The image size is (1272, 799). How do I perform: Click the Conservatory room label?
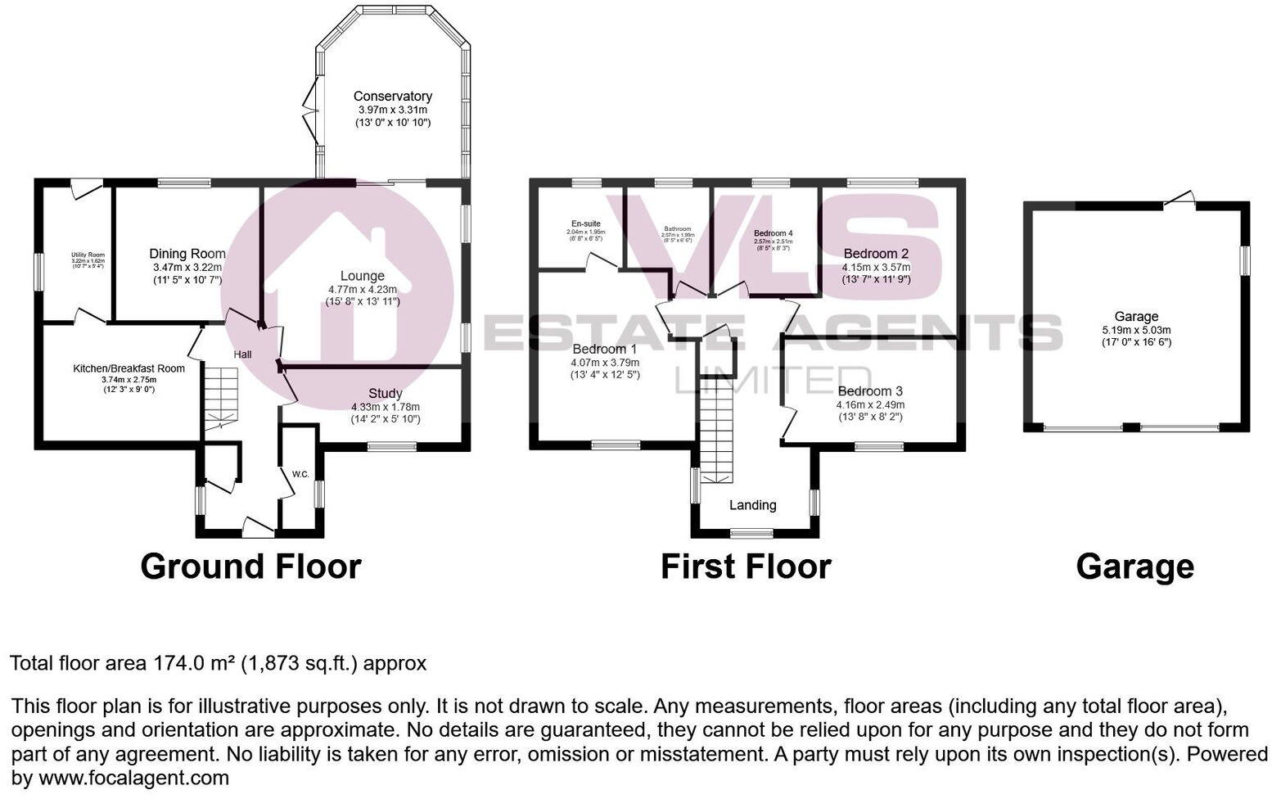[392, 97]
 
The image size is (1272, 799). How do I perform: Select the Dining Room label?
[187, 254]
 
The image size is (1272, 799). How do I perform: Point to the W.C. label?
[300, 474]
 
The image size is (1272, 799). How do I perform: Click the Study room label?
[385, 394]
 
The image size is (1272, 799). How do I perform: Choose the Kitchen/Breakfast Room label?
[129, 368]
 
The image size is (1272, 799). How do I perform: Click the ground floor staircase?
[220, 397]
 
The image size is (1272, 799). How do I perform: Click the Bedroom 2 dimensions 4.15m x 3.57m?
[876, 267]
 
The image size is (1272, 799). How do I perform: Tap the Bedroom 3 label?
[870, 391]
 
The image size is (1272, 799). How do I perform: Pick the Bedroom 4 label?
[773, 233]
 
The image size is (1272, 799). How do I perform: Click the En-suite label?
[585, 223]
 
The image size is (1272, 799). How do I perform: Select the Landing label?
[752, 505]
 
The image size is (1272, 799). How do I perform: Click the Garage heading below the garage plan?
[1134, 567]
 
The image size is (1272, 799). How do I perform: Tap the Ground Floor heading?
[250, 567]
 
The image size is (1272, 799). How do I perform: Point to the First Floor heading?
[746, 567]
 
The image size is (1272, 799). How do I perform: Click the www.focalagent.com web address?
[133, 778]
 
